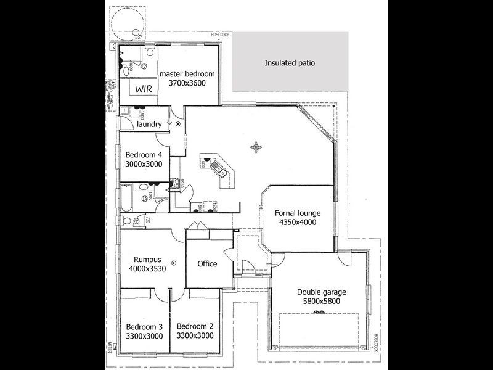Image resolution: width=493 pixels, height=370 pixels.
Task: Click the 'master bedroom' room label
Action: pos(187,74)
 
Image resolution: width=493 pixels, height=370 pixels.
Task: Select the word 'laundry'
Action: pos(150,124)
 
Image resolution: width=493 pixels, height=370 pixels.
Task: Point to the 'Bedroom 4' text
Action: pos(144,155)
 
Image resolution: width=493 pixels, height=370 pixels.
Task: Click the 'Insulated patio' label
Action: pos(290,63)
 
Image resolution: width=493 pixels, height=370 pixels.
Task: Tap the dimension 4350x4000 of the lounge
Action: pos(298,223)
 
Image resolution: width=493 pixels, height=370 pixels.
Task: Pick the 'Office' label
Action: pos(207,264)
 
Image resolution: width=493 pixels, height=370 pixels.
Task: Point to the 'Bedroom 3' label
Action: pos(144,327)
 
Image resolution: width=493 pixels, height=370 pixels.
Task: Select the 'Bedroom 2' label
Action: pos(195,327)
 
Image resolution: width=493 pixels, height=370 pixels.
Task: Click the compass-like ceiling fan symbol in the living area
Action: pos(256,147)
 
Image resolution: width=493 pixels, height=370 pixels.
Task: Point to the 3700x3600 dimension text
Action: pos(187,83)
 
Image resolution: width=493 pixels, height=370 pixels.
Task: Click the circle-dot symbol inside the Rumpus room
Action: pos(174,263)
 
